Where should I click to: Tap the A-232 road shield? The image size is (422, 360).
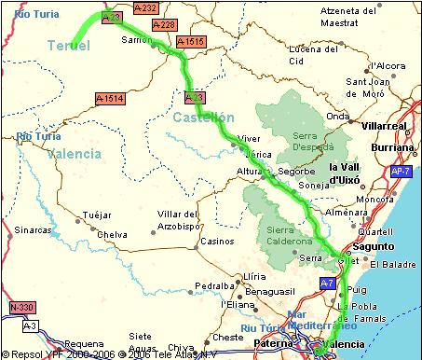click(x=145, y=7)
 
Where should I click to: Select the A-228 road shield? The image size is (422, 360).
click(x=163, y=24)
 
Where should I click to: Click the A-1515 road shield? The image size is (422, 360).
click(x=189, y=41)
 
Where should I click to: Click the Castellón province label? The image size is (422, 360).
click(x=202, y=117)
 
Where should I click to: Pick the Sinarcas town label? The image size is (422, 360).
click(x=33, y=228)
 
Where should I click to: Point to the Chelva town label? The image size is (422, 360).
click(x=112, y=234)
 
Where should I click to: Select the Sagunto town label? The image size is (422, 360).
click(x=376, y=246)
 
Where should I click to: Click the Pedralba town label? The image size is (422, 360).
click(x=197, y=285)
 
